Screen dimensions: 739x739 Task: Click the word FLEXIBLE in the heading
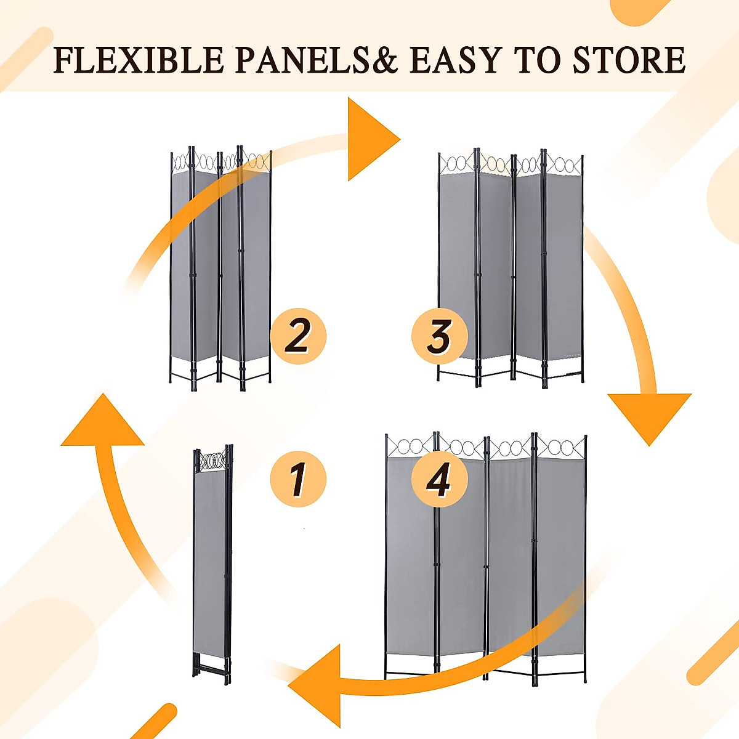139,60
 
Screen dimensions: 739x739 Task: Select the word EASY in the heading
455,60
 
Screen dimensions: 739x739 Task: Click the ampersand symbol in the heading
385,60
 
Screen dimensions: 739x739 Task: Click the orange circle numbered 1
298,479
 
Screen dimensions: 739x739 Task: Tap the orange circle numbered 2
298,336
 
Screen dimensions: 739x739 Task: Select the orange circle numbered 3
440,336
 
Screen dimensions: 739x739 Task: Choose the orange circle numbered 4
440,479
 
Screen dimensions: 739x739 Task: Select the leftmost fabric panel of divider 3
457,265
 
